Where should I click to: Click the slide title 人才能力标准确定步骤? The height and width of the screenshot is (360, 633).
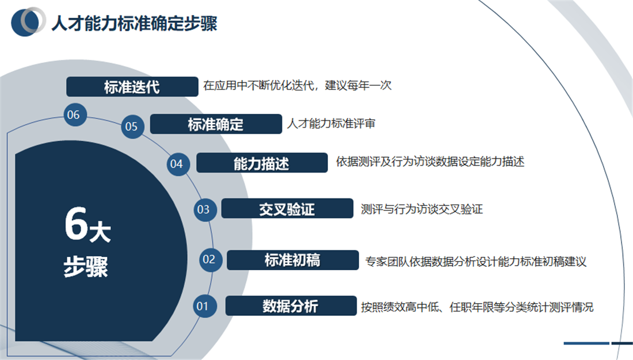(x=134, y=24)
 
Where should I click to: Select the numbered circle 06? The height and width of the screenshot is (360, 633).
(x=74, y=115)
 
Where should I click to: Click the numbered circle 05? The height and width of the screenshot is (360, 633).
(x=132, y=126)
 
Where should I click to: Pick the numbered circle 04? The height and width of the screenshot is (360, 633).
(x=176, y=164)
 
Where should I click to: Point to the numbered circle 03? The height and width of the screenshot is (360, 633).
(x=204, y=209)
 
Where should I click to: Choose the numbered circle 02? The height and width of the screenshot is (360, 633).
(x=209, y=259)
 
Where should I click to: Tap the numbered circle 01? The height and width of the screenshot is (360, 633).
(x=203, y=306)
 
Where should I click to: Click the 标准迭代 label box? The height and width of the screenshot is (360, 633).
(x=132, y=87)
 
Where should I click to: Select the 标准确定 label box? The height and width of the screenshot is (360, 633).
(x=216, y=124)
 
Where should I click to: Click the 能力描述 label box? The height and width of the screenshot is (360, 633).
(x=262, y=163)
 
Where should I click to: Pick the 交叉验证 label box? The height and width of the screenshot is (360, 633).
(x=287, y=208)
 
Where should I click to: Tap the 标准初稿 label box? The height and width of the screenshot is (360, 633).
(x=292, y=260)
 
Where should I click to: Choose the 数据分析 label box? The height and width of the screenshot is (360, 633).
(x=291, y=306)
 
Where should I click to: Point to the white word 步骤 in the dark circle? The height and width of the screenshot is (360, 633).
(x=86, y=267)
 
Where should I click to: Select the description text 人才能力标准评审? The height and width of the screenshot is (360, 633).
(x=331, y=124)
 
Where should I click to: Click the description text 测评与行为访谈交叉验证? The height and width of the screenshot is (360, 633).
(x=421, y=209)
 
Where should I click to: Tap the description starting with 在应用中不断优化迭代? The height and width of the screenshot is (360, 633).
(x=297, y=86)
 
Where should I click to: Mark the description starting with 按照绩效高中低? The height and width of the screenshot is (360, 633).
(x=476, y=307)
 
